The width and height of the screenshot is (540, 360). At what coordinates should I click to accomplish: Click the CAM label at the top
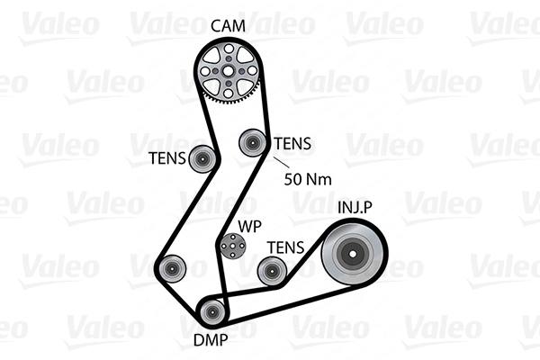pyautogui.click(x=228, y=26)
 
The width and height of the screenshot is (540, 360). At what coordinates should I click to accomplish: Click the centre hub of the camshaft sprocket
pyautogui.click(x=228, y=71)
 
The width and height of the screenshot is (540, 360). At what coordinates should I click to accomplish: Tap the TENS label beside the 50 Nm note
pyautogui.click(x=292, y=143)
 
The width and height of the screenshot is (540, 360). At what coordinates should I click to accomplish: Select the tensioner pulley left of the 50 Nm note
pyautogui.click(x=252, y=142)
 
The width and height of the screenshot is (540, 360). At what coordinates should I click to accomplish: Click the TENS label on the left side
pyautogui.click(x=167, y=158)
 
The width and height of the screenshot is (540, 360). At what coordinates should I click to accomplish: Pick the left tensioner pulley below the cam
pyautogui.click(x=202, y=158)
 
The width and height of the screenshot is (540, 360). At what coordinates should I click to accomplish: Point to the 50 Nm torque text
pyautogui.click(x=308, y=179)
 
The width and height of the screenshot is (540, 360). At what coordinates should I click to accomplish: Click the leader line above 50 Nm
pyautogui.click(x=282, y=163)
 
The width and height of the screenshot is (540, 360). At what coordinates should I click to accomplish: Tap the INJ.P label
pyautogui.click(x=355, y=207)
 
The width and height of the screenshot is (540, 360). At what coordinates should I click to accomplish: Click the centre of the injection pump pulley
pyautogui.click(x=353, y=254)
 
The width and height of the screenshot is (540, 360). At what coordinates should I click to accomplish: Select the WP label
pyautogui.click(x=250, y=226)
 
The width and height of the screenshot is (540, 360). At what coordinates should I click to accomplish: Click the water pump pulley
pyautogui.click(x=233, y=246)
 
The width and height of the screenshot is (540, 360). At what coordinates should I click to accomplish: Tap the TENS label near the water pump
pyautogui.click(x=286, y=247)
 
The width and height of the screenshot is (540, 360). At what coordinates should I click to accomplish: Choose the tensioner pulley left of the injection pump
pyautogui.click(x=272, y=271)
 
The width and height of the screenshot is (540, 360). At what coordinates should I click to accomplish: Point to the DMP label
pyautogui.click(x=211, y=340)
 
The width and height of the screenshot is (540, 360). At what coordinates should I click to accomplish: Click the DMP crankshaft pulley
pyautogui.click(x=212, y=312)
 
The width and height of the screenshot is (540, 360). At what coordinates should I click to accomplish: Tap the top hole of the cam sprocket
pyautogui.click(x=228, y=49)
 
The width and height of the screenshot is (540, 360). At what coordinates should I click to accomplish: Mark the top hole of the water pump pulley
pyautogui.click(x=233, y=237)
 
